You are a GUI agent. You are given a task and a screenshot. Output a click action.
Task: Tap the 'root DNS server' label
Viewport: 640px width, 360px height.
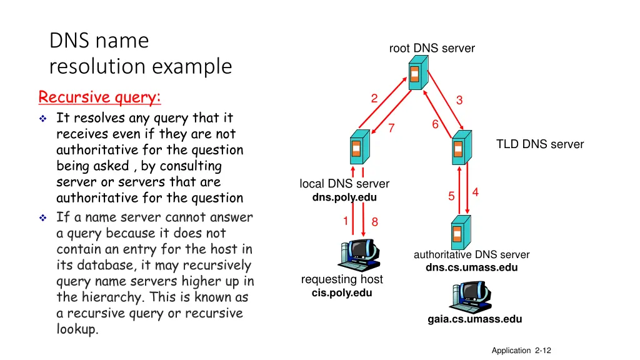[x=432, y=48]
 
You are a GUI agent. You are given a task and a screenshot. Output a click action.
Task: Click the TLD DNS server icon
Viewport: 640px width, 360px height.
[x=460, y=148]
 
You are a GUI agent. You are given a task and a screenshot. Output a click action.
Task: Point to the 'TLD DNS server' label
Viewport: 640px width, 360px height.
[x=540, y=144]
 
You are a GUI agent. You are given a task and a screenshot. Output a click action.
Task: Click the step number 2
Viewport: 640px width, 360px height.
[x=374, y=98]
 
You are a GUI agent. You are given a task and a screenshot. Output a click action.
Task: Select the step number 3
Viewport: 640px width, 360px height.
[x=459, y=100]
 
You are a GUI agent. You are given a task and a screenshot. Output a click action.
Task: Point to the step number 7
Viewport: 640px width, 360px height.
[x=391, y=128]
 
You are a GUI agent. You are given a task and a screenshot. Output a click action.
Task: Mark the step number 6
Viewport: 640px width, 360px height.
[x=435, y=125]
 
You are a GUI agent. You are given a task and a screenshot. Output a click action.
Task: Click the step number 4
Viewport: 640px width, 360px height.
[x=476, y=192]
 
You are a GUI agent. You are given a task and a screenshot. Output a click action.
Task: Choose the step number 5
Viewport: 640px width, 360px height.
[x=451, y=196]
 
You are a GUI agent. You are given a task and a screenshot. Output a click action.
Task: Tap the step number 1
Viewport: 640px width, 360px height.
[x=345, y=221]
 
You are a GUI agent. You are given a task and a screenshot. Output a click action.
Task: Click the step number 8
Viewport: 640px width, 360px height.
[x=375, y=221]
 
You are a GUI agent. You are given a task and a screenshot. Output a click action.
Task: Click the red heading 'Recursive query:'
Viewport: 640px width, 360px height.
[x=99, y=97]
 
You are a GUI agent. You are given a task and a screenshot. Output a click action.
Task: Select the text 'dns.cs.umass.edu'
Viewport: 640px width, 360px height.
[x=472, y=267]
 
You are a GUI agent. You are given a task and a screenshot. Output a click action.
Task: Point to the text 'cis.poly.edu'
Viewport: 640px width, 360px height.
[x=342, y=292]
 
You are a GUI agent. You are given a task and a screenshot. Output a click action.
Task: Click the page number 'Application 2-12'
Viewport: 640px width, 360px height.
[x=521, y=351]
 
